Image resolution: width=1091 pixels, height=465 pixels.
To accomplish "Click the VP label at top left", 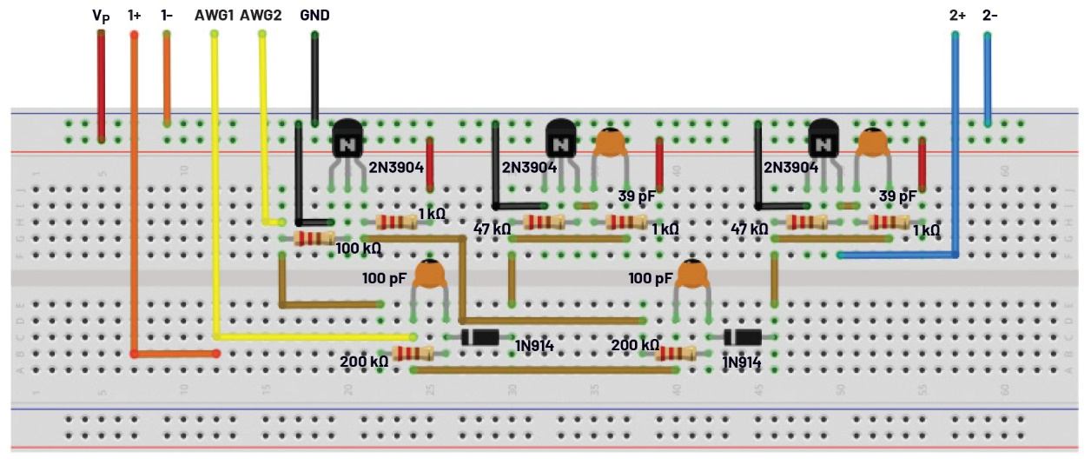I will [100, 16].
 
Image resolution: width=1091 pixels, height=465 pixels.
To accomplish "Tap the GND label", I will [314, 16].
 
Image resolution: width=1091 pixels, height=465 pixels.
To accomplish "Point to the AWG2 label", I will [260, 16].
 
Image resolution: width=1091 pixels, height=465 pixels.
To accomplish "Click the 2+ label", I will [957, 16].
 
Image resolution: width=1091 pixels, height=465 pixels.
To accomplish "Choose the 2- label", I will [990, 16].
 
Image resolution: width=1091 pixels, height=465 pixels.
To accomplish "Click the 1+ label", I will [135, 16].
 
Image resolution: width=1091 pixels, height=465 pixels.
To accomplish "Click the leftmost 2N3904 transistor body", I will [348, 139].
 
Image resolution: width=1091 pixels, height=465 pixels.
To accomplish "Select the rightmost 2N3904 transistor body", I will [823, 139].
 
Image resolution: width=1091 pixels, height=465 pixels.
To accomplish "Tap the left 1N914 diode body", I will [479, 337].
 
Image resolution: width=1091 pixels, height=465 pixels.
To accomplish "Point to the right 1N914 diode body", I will [743, 337].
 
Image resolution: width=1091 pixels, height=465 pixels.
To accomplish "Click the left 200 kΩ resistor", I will [413, 353].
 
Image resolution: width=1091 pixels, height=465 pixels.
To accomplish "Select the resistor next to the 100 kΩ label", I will [314, 238].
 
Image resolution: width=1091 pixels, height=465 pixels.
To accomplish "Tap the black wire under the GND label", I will [314, 78].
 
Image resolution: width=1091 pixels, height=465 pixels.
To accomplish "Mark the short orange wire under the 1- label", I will [167, 78].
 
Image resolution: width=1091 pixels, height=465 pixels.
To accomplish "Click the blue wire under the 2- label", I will [987, 78].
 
